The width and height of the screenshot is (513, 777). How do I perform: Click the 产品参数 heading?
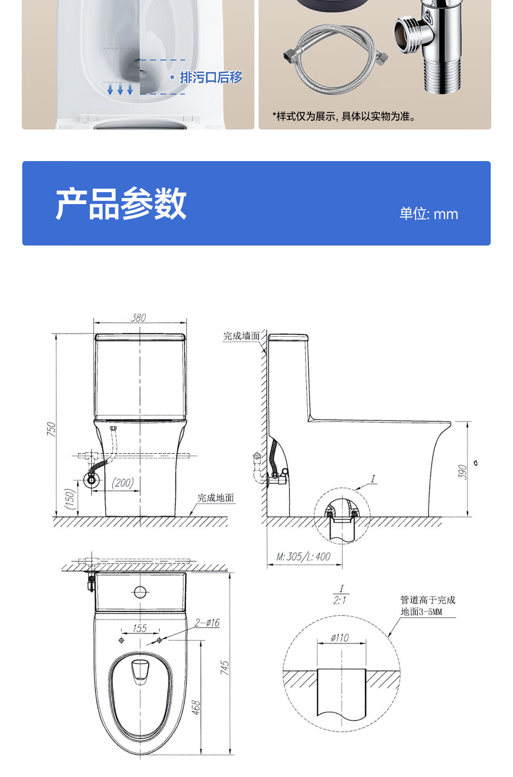(x=121, y=204)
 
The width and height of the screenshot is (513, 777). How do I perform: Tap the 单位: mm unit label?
(x=429, y=214)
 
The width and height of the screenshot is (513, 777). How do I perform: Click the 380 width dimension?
(x=139, y=318)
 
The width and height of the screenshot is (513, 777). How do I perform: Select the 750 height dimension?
(x=51, y=428)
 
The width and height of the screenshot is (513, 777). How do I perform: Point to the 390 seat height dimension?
(x=463, y=471)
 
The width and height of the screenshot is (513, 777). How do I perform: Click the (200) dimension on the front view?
(x=123, y=483)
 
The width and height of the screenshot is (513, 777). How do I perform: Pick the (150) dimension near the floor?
(x=70, y=499)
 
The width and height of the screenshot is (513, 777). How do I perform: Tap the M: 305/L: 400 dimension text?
(x=304, y=557)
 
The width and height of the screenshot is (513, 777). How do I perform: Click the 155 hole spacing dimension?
(x=140, y=628)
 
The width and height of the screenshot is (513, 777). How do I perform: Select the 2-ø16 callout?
(x=207, y=622)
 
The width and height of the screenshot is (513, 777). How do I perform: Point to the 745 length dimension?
(x=224, y=667)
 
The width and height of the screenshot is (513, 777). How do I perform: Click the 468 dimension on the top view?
(x=196, y=708)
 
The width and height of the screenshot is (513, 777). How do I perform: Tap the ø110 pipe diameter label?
(x=340, y=638)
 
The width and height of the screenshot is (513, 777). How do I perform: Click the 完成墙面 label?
(x=241, y=336)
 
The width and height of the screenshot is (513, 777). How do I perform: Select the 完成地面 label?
(x=216, y=498)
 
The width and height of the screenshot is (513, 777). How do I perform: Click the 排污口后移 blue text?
(x=211, y=77)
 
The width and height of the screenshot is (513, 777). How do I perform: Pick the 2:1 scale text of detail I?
(x=340, y=600)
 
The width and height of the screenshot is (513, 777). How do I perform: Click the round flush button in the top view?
(x=140, y=591)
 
